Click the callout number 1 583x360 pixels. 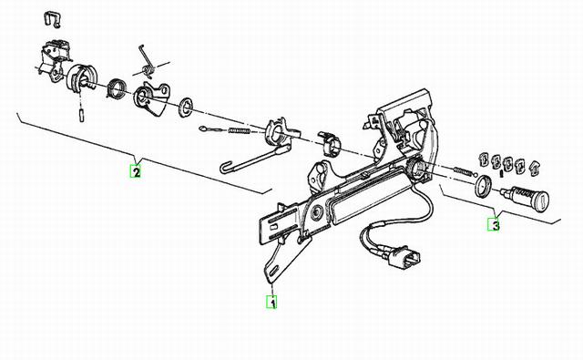(x=271, y=302)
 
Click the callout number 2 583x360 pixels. (x=136, y=171)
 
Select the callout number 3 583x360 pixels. (x=494, y=224)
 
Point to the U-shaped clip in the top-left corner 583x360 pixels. (x=53, y=19)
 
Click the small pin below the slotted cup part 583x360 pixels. (x=81, y=115)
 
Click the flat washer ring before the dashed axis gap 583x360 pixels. (x=185, y=107)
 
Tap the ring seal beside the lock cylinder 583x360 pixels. (x=483, y=186)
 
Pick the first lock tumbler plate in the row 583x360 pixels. (x=484, y=159)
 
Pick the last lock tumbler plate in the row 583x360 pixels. (x=535, y=168)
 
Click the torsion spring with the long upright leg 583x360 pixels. (x=147, y=63)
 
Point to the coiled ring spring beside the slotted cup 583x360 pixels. (x=116, y=90)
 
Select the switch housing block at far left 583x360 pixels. (x=55, y=59)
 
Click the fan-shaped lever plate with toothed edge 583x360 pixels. (x=152, y=98)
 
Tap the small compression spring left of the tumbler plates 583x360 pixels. (x=463, y=171)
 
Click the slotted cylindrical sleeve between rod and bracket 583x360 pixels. (x=330, y=143)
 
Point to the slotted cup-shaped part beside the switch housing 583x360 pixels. (x=81, y=77)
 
